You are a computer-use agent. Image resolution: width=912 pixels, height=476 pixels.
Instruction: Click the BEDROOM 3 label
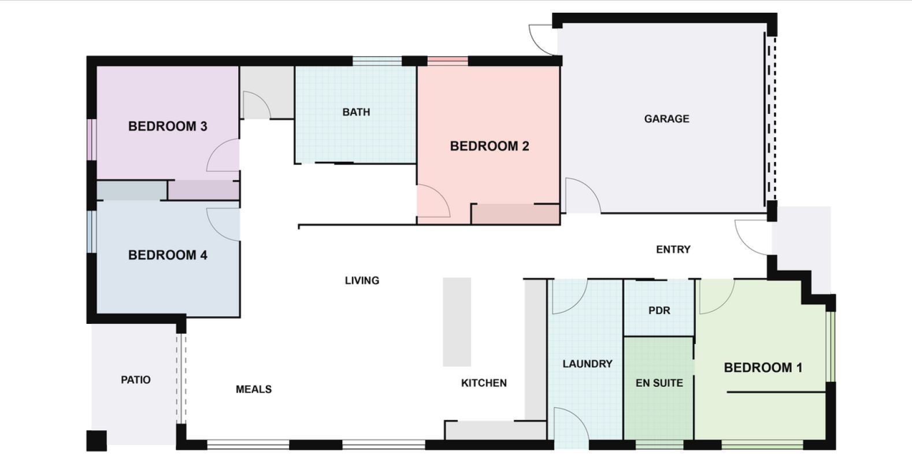coord(168,126)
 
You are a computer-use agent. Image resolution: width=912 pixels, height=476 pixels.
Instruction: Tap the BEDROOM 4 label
coord(168,255)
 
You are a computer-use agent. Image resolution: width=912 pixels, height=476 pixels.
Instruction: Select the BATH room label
coord(356,112)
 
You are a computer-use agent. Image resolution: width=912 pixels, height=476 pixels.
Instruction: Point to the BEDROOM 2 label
coord(490,146)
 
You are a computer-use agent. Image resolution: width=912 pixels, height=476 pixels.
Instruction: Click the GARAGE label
coord(666,119)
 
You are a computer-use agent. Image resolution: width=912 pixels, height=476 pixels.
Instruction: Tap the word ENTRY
coord(673,249)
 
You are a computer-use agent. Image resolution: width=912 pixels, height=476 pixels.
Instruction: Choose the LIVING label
coord(362,281)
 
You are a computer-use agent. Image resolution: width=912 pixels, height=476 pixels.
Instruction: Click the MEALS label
coord(254,389)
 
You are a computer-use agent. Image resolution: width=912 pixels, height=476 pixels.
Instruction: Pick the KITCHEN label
coord(484,383)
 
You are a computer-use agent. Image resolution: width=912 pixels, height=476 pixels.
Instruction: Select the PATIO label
coord(136,380)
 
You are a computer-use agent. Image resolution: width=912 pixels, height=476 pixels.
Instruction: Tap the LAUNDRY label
coord(587,364)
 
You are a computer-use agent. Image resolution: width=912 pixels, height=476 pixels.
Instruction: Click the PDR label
coord(659,311)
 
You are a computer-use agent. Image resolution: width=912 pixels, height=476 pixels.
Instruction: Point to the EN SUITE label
coord(659,383)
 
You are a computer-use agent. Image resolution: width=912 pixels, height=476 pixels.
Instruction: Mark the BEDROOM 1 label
coord(763,368)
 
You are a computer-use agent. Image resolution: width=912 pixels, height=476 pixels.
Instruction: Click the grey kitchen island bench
coord(457,322)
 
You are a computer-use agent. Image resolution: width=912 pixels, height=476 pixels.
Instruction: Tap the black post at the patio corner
coord(97,441)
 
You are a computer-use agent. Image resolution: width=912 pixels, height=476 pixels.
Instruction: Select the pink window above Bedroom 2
coord(447,60)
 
